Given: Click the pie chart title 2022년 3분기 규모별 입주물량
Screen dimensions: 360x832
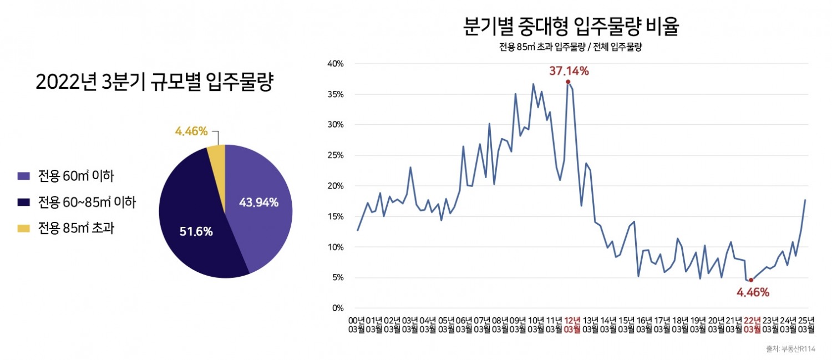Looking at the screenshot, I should tap(155, 82).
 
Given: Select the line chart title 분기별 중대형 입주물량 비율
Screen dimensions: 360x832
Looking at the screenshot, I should tap(571, 27).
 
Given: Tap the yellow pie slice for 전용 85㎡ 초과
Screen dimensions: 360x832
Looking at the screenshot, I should tap(217, 161).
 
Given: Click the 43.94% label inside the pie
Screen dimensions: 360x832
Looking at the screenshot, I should tap(258, 202).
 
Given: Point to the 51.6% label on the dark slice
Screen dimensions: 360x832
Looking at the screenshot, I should tap(196, 232).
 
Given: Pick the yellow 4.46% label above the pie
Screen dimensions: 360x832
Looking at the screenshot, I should tap(191, 131).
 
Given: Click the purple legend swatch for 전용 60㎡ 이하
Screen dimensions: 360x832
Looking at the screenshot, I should tap(23, 177).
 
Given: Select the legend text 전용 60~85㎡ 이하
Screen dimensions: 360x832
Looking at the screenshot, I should tap(87, 202).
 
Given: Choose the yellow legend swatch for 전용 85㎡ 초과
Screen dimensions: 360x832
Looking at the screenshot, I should tap(23, 228).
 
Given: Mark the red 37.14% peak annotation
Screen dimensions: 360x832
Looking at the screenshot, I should tap(569, 71).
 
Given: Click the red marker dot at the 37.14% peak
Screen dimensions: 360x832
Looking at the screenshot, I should tap(568, 82).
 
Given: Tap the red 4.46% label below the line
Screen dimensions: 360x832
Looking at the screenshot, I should tap(753, 292).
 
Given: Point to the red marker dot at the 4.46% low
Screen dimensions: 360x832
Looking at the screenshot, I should tap(751, 280).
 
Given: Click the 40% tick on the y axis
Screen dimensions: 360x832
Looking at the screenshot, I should tap(334, 64).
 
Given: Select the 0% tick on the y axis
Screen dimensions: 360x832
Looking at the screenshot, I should tap(337, 308).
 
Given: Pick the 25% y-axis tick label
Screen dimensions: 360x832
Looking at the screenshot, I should tap(334, 155).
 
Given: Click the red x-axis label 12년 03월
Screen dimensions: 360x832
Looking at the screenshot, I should tap(572, 325).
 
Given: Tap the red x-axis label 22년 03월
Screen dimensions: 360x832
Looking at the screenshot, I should tap(752, 325).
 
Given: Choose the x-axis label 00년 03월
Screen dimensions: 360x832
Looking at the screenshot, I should tap(356, 325).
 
